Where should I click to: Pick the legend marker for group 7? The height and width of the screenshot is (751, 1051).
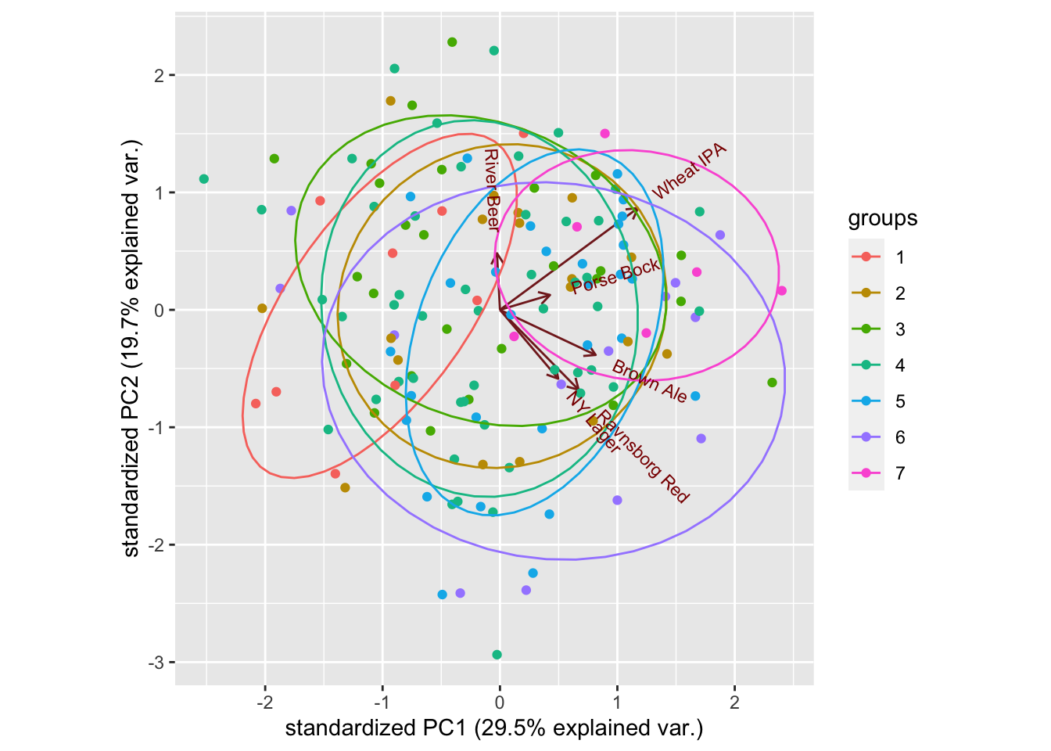pyautogui.click(x=866, y=473)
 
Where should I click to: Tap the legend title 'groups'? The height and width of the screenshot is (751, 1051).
pyautogui.click(x=883, y=219)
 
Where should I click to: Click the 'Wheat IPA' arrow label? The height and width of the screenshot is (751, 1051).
pyautogui.click(x=689, y=172)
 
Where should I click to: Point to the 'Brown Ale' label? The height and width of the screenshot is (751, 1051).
pyautogui.click(x=649, y=382)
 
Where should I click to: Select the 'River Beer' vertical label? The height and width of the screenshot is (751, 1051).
pyautogui.click(x=491, y=189)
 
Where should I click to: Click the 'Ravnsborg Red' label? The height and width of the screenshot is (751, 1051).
pyautogui.click(x=644, y=456)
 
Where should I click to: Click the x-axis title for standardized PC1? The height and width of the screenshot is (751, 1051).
pyautogui.click(x=494, y=729)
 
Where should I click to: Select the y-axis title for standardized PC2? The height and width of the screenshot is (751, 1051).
pyautogui.click(x=132, y=349)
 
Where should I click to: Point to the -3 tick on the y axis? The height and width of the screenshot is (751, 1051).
pyautogui.click(x=159, y=663)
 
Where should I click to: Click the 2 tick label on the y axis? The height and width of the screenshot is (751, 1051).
pyautogui.click(x=159, y=76)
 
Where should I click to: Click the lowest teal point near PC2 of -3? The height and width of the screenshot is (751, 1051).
pyautogui.click(x=497, y=655)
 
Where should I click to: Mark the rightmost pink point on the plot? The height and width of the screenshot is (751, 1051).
pyautogui.click(x=781, y=291)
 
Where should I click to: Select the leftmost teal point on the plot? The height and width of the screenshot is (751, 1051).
pyautogui.click(x=204, y=179)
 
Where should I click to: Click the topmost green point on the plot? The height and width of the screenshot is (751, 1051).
pyautogui.click(x=452, y=42)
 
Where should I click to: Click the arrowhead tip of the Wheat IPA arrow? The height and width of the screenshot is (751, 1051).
pyautogui.click(x=637, y=207)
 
